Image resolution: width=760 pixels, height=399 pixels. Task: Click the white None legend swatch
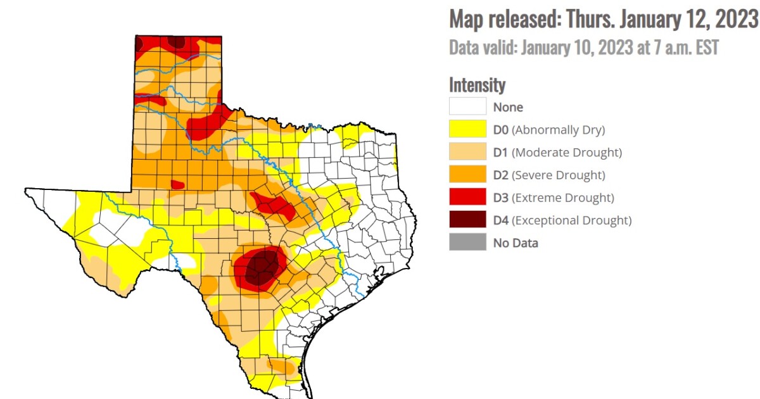click(467, 106)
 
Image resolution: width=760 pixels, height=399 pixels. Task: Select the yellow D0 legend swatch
click(467, 129)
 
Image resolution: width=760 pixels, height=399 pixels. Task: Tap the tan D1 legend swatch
click(467, 152)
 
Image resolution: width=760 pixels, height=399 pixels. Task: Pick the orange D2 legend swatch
click(467, 175)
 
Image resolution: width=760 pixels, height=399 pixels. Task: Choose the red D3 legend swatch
click(467, 198)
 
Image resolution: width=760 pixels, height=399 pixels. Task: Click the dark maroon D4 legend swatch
click(467, 220)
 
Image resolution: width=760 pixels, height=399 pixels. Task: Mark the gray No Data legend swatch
click(467, 243)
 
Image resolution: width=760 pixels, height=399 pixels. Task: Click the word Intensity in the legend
click(477, 84)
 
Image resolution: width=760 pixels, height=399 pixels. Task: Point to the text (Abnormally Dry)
click(558, 130)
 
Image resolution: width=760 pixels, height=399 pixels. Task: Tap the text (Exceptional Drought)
click(571, 220)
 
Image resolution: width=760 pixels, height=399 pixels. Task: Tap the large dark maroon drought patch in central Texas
click(260, 268)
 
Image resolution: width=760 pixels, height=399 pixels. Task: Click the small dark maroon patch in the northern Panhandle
click(177, 42)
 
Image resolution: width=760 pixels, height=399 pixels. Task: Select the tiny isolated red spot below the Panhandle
click(177, 185)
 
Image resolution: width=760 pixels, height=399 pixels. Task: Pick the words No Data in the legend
click(516, 243)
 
